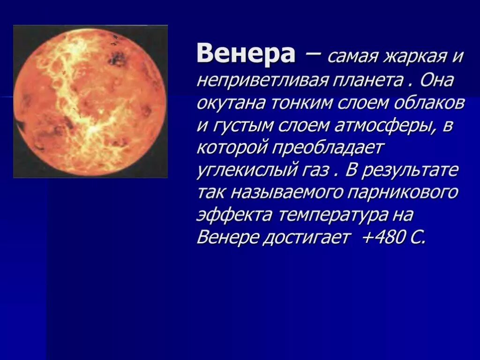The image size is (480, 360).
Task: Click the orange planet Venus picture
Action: pyautogui.click(x=90, y=101)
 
